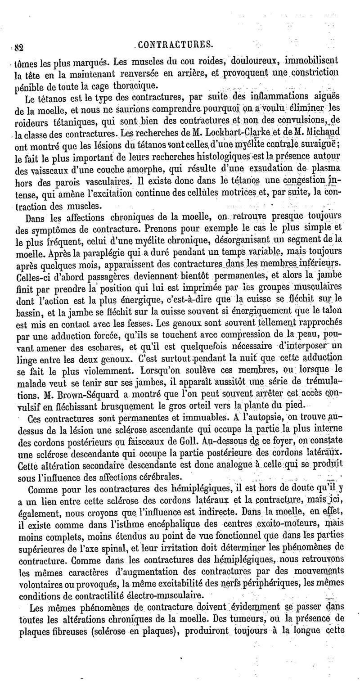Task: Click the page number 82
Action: pos(18,45)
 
